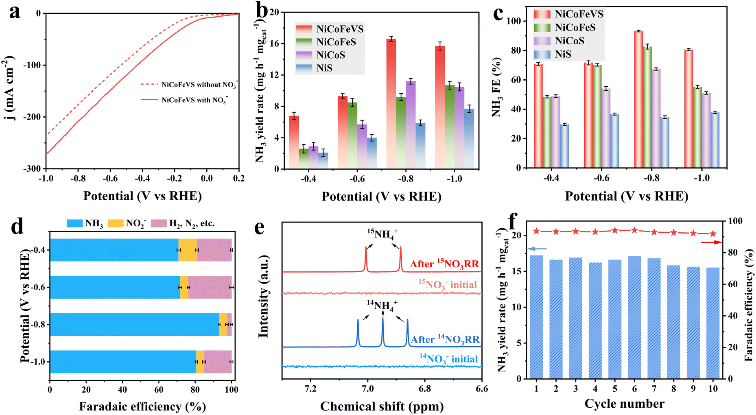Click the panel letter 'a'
point(15,12)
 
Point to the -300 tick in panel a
point(32,168)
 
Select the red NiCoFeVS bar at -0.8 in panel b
point(391,104)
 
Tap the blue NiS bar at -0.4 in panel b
point(323,161)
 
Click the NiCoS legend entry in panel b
point(330,55)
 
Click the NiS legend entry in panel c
point(563,54)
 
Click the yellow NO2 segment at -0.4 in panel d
point(188,250)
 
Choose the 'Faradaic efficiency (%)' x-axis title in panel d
point(142,406)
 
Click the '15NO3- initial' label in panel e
point(448,284)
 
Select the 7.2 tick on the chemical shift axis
point(310,389)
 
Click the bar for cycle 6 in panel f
point(634,317)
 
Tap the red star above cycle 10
point(713,234)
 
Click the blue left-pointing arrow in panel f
point(537,249)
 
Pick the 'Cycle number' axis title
point(624,404)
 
